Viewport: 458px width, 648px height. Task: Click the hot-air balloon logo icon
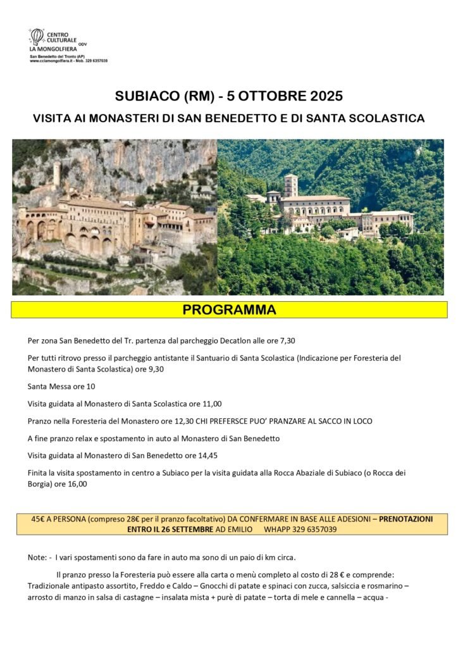tap(37, 37)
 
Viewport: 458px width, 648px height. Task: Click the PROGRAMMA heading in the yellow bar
tap(229, 310)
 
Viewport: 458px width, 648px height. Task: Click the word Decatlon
tap(226, 340)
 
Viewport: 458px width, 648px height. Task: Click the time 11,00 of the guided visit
tap(210, 403)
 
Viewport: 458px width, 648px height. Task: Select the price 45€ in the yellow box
tap(40, 518)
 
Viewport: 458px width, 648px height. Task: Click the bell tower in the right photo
tap(290, 185)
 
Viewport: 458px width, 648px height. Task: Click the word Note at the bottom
tap(37, 558)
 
